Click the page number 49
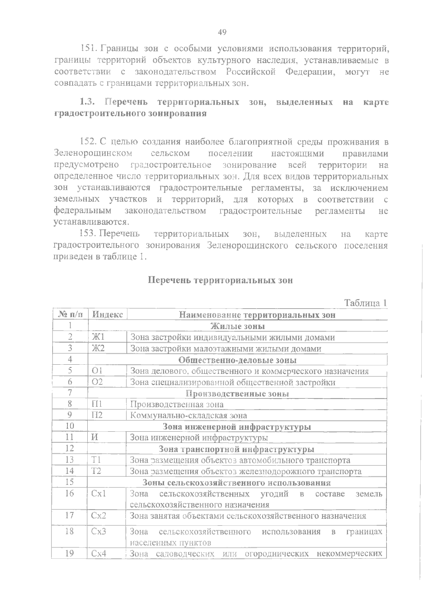pos(222,33)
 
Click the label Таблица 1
pos(365,303)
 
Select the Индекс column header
pos(107,315)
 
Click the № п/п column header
pos(70,315)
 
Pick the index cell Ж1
pos(98,337)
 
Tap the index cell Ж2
pos(98,349)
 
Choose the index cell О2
pos(97,382)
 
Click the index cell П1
pos(97,404)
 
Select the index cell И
pos(95,438)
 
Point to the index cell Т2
pos(97,471)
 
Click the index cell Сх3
pos(99,532)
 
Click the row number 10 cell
pos(70,426)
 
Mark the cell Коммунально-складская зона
pos(189,415)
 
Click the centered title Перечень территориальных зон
pos(220,280)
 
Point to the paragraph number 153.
pos(89,234)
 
